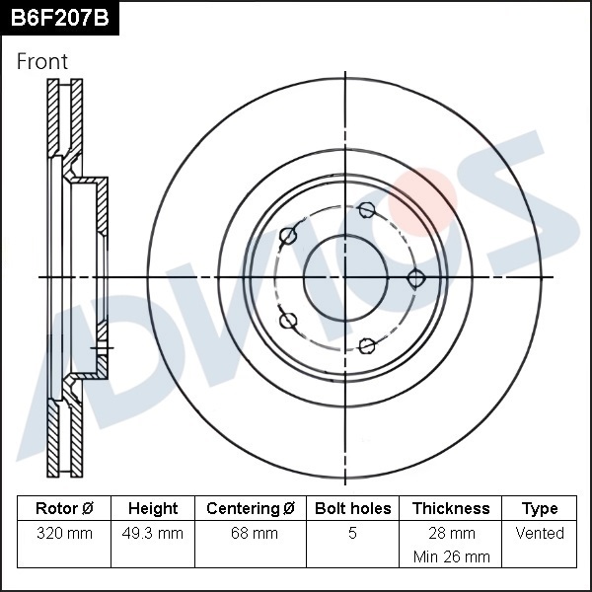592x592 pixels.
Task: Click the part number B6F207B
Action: pos(59,18)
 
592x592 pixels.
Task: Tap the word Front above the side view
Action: pos(41,61)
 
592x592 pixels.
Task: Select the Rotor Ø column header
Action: pos(64,508)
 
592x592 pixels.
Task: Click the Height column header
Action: pos(153,508)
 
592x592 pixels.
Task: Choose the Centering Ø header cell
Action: pos(251,508)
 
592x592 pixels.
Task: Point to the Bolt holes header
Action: pos(352,508)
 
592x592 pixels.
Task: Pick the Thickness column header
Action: pos(451,508)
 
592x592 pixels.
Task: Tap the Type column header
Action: pos(540,509)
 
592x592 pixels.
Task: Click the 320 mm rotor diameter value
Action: pos(64,534)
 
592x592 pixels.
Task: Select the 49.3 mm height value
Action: pos(153,534)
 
